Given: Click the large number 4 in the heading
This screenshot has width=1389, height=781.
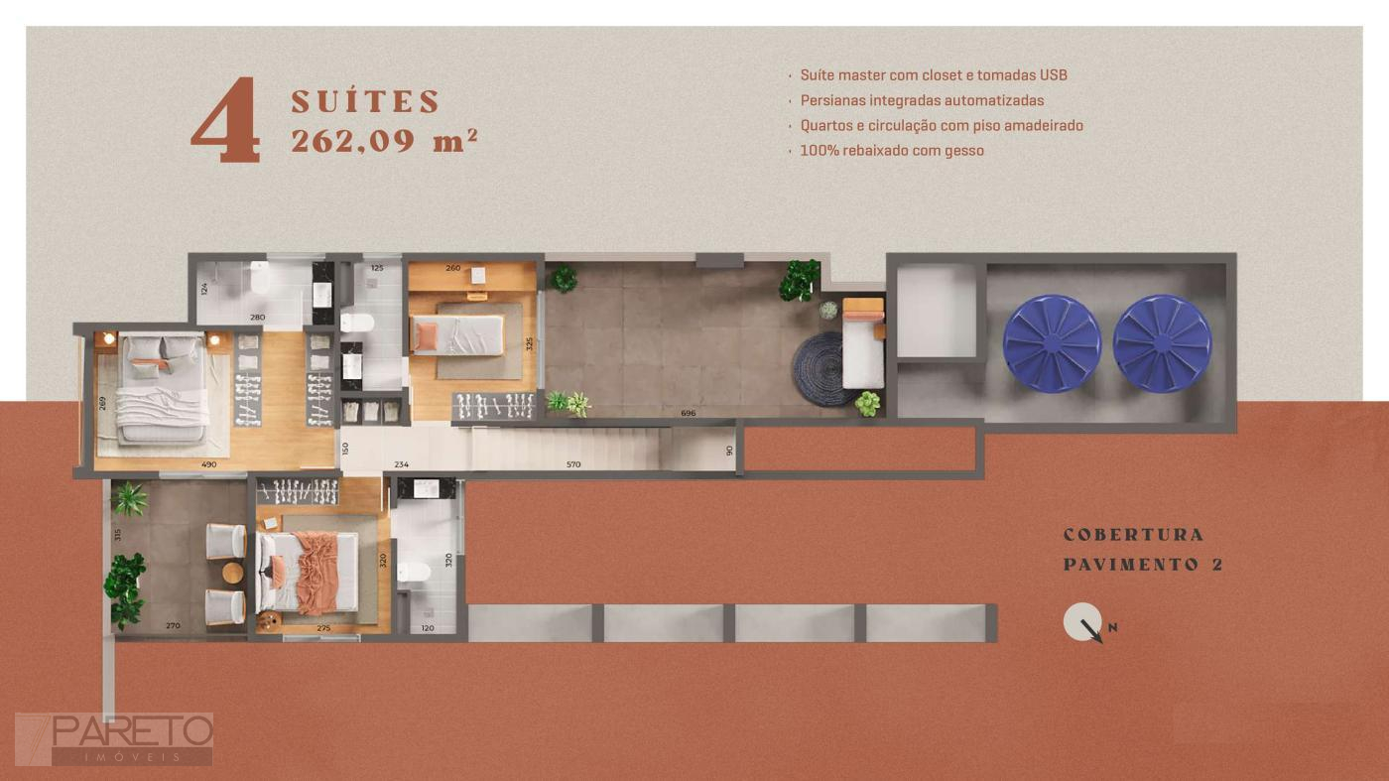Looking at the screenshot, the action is tap(226, 120).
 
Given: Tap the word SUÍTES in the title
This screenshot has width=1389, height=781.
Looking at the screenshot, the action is tap(365, 102).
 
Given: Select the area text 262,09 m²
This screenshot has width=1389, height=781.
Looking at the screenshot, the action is tap(385, 140).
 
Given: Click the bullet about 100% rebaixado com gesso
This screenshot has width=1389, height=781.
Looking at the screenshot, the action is tap(892, 151).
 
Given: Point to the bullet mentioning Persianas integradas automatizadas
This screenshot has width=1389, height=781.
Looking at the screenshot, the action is tap(922, 100).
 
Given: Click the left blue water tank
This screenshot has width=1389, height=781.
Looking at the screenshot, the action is tap(1052, 343).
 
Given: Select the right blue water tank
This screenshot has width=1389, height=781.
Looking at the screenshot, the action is tap(1162, 343).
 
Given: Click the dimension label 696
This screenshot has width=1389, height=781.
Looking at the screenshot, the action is tap(689, 413).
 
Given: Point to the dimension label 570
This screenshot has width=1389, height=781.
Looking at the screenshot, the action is tap(573, 464).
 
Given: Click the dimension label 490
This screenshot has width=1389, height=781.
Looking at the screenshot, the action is tap(209, 464).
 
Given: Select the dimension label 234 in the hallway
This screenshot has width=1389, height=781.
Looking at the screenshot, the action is tap(401, 464).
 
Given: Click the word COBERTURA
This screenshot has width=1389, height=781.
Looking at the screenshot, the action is tap(1133, 535).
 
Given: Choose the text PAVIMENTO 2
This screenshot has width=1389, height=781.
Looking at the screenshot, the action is tap(1143, 565).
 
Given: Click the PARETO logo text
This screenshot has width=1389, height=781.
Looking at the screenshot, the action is tap(133, 731).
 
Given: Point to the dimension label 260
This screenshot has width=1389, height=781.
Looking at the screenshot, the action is tap(453, 268).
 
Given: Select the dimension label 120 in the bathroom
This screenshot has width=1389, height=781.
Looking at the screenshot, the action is tap(428, 628).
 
